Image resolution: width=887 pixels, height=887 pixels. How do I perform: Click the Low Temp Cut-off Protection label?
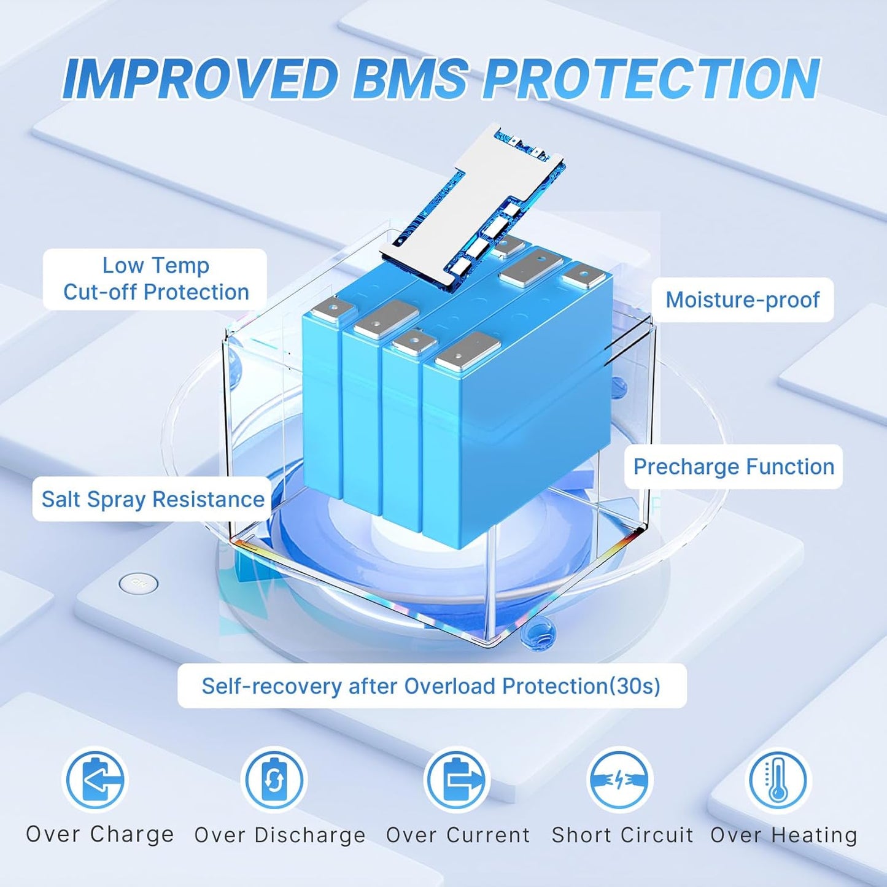click(x=155, y=279)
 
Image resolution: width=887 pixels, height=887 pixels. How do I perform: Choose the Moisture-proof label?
click(x=742, y=300)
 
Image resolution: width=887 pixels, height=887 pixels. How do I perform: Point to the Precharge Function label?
click(x=734, y=467)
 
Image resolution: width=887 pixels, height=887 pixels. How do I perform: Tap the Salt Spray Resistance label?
click(x=152, y=499)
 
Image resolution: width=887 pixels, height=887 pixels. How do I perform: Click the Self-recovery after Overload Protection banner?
click(x=432, y=686)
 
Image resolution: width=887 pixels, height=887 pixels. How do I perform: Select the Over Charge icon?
click(x=95, y=780)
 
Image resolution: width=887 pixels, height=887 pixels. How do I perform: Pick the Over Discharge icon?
click(x=274, y=780)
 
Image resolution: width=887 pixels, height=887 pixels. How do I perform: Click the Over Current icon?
click(x=457, y=780)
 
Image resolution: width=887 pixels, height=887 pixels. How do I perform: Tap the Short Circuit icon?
click(x=620, y=780)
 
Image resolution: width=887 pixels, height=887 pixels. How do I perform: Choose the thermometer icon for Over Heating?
click(x=778, y=780)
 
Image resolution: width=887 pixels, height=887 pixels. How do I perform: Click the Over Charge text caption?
click(x=100, y=834)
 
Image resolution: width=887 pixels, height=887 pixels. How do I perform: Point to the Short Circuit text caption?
click(x=622, y=835)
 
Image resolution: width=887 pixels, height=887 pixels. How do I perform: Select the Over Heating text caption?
click(x=784, y=835)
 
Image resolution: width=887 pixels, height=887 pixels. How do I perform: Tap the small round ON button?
click(x=138, y=583)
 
